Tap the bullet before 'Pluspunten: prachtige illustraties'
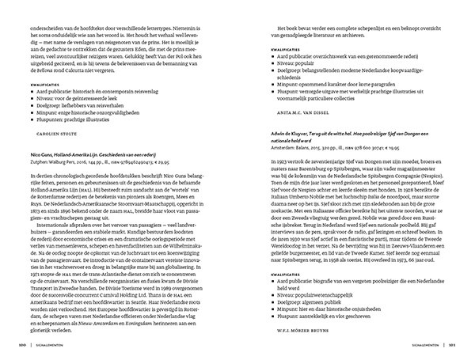pyautogui.click(x=27, y=119)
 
